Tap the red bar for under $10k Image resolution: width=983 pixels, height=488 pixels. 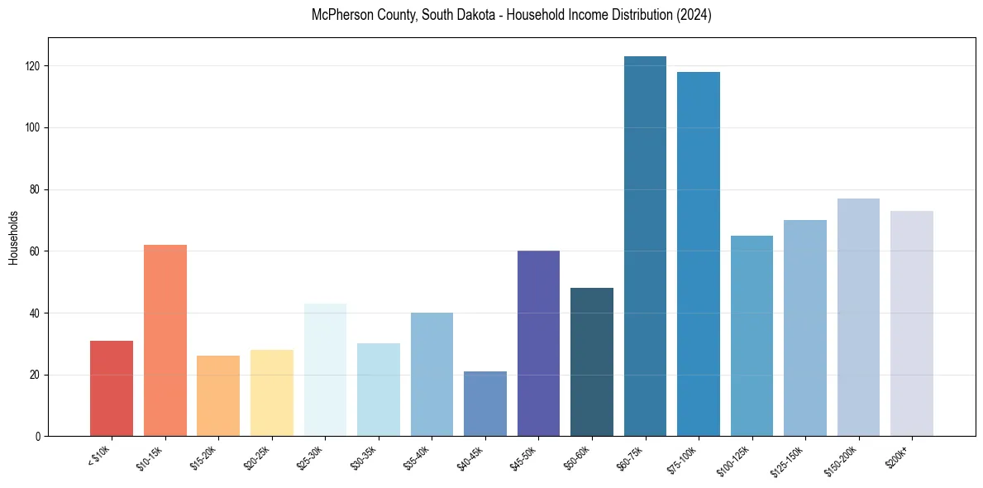(x=112, y=388)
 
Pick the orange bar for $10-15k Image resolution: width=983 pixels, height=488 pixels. (x=165, y=340)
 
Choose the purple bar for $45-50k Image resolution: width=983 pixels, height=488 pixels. (x=538, y=343)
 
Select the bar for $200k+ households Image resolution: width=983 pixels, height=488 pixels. (x=912, y=323)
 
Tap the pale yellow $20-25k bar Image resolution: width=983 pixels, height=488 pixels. (x=272, y=393)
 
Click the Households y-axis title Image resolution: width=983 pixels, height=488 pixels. (x=14, y=237)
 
